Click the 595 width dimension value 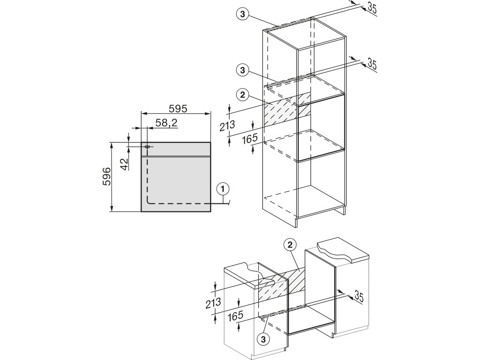[178, 109]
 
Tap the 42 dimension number [124, 164]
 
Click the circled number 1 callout [223, 189]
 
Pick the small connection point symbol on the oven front [147, 147]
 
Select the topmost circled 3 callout [242, 15]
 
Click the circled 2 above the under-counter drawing [291, 244]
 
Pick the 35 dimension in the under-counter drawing [359, 296]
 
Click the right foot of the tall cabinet [343, 210]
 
